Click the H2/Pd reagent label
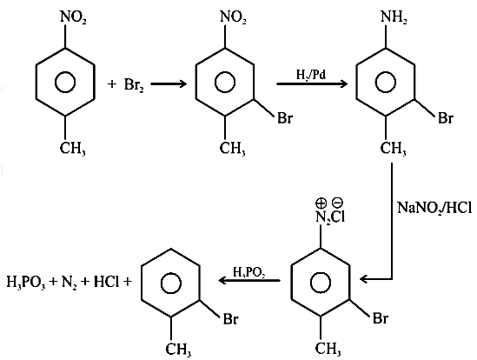pyautogui.click(x=311, y=75)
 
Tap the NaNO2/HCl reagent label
pyautogui.click(x=434, y=208)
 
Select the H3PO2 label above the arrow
pyautogui.click(x=248, y=272)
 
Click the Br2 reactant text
pyautogui.click(x=134, y=85)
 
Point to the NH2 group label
pyautogui.click(x=394, y=17)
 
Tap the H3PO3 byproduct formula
pyautogui.click(x=26, y=283)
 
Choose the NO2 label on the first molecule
pyautogui.click(x=73, y=17)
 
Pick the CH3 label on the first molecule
pyautogui.click(x=72, y=149)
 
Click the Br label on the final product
pyautogui.click(x=231, y=319)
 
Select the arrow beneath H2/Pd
pyautogui.click(x=312, y=83)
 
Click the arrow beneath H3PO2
pyautogui.click(x=249, y=280)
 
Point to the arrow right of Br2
pyautogui.click(x=169, y=83)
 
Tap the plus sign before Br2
pyautogui.click(x=111, y=84)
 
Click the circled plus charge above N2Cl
pyautogui.click(x=321, y=203)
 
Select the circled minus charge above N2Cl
pyautogui.click(x=338, y=203)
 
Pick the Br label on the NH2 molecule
pyautogui.click(x=446, y=118)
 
